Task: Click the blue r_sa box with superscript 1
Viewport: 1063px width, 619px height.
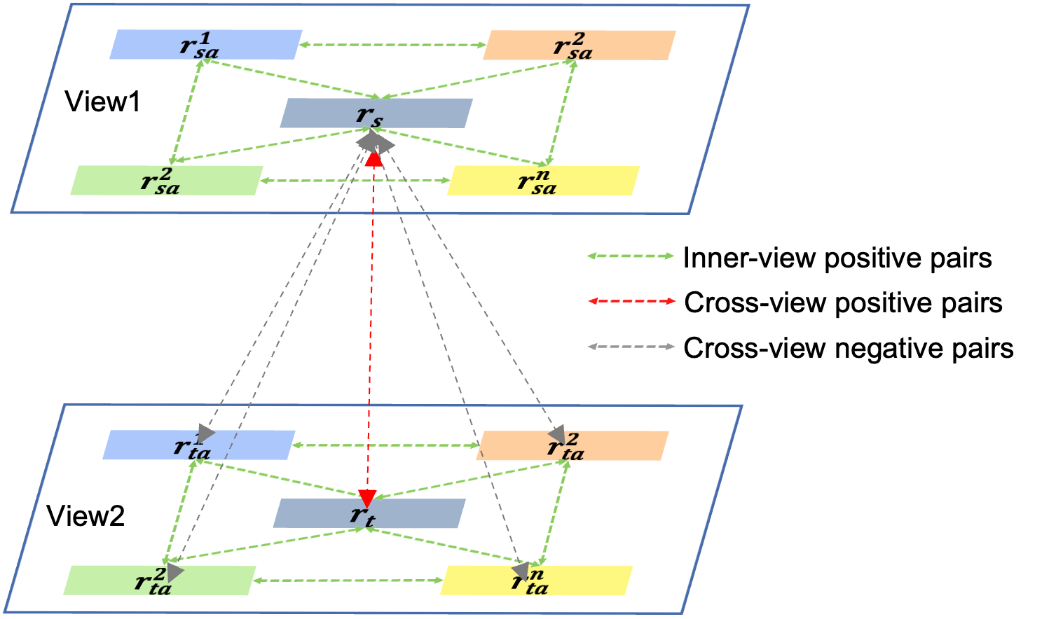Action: pyautogui.click(x=205, y=45)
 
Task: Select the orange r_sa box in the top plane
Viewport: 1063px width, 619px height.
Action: pyautogui.click(x=579, y=46)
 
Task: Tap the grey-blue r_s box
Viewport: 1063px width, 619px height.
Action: pyautogui.click(x=376, y=113)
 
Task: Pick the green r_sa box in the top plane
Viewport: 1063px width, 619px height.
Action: pyautogui.click(x=167, y=181)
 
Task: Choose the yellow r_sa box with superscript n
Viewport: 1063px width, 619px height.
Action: pyautogui.click(x=543, y=181)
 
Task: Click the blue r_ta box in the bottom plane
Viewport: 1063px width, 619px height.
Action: pyautogui.click(x=199, y=445)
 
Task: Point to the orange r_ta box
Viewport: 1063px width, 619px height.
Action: pyautogui.click(x=572, y=446)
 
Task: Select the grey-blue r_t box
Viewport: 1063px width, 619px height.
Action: pyautogui.click(x=369, y=514)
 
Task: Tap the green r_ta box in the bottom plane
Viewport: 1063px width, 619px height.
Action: pyautogui.click(x=160, y=580)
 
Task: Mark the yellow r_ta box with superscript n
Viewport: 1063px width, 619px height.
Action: pyautogui.click(x=536, y=581)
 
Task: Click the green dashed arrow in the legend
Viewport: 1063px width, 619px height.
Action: pyautogui.click(x=631, y=256)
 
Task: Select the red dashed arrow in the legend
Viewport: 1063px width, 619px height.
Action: pyautogui.click(x=631, y=301)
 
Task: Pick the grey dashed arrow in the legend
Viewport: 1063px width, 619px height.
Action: pyautogui.click(x=631, y=347)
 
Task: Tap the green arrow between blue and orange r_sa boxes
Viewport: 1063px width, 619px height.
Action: pyautogui.click(x=392, y=46)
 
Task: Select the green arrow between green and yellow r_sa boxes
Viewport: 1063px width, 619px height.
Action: pyautogui.click(x=355, y=181)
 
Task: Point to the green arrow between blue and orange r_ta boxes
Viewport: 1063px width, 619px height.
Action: pyautogui.click(x=385, y=445)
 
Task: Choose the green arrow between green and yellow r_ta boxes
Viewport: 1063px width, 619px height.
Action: pyautogui.click(x=348, y=580)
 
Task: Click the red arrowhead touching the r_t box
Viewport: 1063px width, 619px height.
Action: pyautogui.click(x=367, y=498)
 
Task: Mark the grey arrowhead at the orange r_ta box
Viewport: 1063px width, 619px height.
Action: pyautogui.click(x=558, y=433)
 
